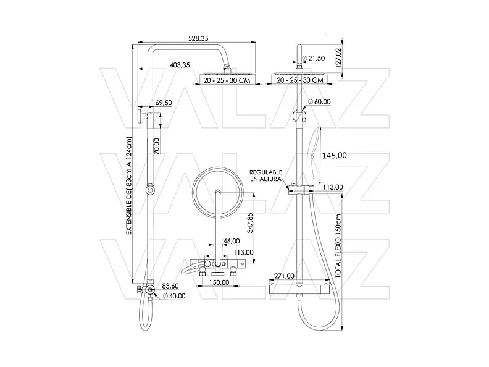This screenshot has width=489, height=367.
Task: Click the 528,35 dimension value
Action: [x=198, y=38]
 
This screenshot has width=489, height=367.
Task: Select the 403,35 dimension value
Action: [x=180, y=65]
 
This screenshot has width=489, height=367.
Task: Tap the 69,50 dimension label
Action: [x=164, y=103]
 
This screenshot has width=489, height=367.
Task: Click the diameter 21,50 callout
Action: [x=314, y=58]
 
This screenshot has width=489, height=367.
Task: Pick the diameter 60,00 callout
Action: [x=319, y=102]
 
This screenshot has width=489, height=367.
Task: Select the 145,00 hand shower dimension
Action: [x=334, y=156]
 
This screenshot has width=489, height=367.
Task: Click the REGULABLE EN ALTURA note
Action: [x=265, y=175]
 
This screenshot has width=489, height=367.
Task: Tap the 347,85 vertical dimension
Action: [x=250, y=223]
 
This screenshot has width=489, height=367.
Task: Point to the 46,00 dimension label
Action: [x=232, y=241]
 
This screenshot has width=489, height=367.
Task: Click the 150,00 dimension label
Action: [x=219, y=282]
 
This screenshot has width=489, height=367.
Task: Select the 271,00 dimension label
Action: [x=284, y=276]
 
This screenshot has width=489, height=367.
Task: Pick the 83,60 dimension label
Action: [x=170, y=286]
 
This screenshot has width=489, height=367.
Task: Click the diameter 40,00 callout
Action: [x=174, y=296]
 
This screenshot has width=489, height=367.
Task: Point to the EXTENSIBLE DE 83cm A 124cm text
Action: [x=129, y=186]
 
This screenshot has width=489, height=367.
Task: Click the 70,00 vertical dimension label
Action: [x=157, y=146]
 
